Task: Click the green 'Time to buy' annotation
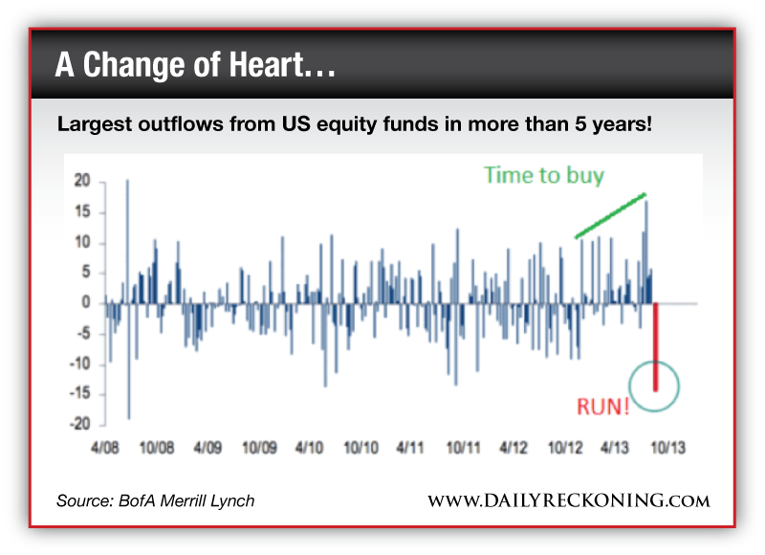[544, 175]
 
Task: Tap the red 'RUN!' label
[602, 406]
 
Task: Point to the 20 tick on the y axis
[82, 181]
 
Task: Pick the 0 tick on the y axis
[86, 302]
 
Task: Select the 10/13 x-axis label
[664, 447]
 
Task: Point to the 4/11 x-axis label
[410, 447]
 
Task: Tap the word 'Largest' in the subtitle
[96, 124]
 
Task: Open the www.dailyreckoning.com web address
[568, 501]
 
